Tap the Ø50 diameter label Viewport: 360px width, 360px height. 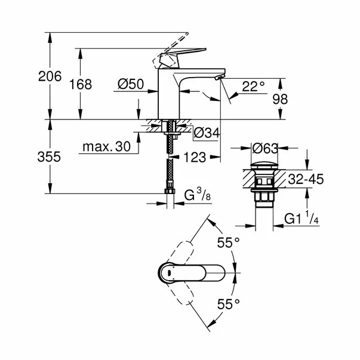coord(131,85)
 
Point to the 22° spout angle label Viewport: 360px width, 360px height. coord(254,86)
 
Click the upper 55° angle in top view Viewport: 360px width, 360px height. coord(227,242)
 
